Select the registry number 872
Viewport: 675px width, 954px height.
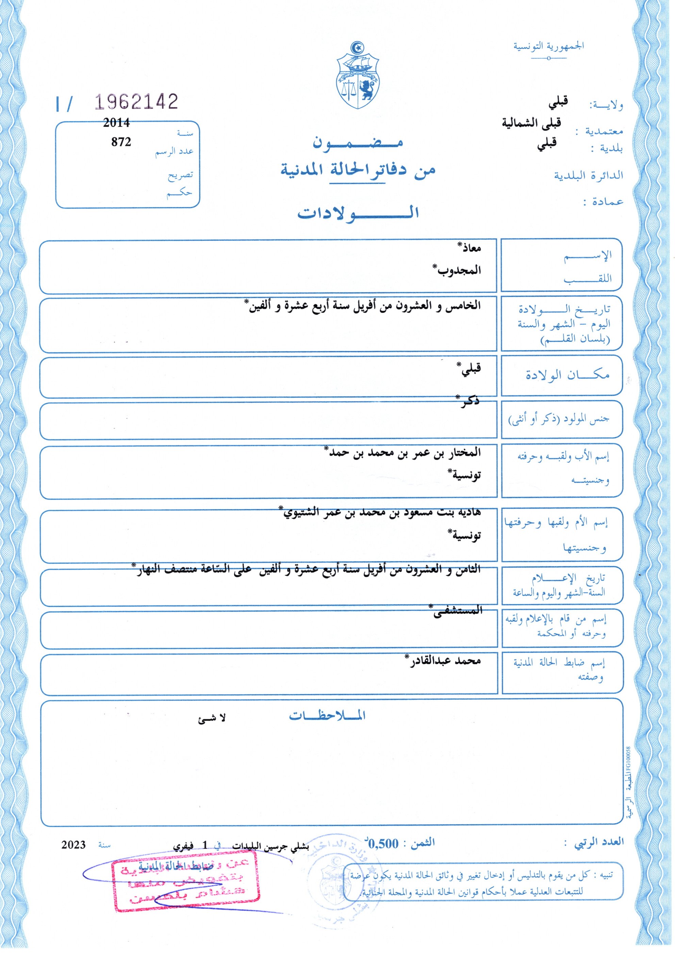[x=121, y=142]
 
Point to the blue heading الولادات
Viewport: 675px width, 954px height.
[x=358, y=213]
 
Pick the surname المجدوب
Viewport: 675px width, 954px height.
[x=457, y=270]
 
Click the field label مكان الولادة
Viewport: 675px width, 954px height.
[x=567, y=375]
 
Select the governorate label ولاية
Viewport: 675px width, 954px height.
[x=606, y=105]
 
